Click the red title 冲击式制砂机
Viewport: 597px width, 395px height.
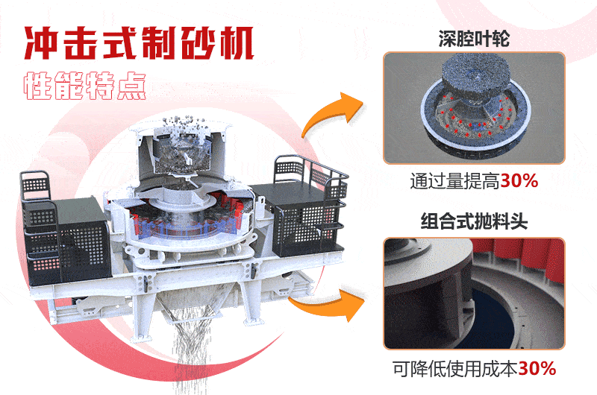coord(139,44)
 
